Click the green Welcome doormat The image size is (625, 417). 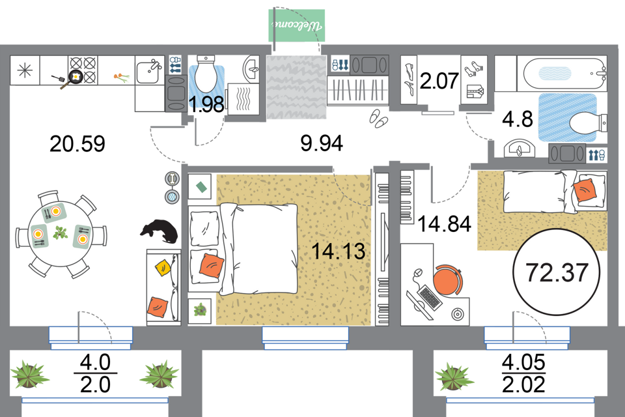point(297,25)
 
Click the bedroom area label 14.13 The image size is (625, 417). point(338,251)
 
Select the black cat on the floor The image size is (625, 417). point(158,231)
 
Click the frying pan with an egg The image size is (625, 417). point(72,79)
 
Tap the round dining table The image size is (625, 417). point(61,233)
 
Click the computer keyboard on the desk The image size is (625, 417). point(428,298)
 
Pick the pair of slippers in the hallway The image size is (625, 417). point(378,118)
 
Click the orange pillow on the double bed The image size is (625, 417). point(211,264)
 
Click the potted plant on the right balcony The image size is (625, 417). point(454,376)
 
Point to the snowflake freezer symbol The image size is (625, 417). point(25,70)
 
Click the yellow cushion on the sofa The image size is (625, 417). point(162,266)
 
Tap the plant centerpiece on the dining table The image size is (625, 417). point(61,233)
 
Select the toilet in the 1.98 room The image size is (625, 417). point(206,77)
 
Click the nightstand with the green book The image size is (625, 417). point(201,187)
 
